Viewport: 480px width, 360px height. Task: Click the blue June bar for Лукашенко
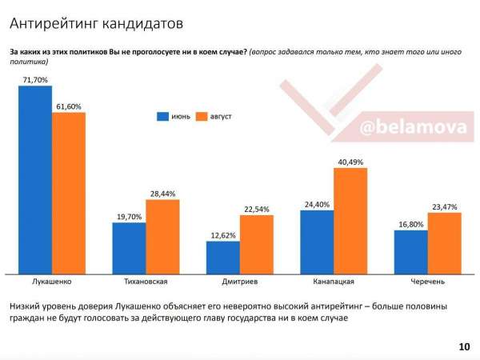tap(34, 179)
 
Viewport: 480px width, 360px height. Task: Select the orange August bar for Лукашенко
tap(69, 193)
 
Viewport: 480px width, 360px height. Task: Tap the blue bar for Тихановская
tap(129, 248)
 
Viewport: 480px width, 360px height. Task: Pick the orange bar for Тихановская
tap(162, 236)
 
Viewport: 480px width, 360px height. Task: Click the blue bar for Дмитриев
tap(223, 257)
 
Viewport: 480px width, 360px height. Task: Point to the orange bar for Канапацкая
tap(350, 220)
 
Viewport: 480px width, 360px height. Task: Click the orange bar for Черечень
tap(444, 242)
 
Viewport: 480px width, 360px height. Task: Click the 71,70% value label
tap(35, 80)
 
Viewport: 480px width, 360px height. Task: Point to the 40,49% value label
tap(351, 162)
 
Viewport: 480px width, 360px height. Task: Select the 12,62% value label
tap(223, 235)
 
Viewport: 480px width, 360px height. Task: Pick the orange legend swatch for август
tap(201, 117)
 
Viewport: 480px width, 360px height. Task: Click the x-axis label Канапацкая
tap(334, 282)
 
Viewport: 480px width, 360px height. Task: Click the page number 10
tap(464, 346)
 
